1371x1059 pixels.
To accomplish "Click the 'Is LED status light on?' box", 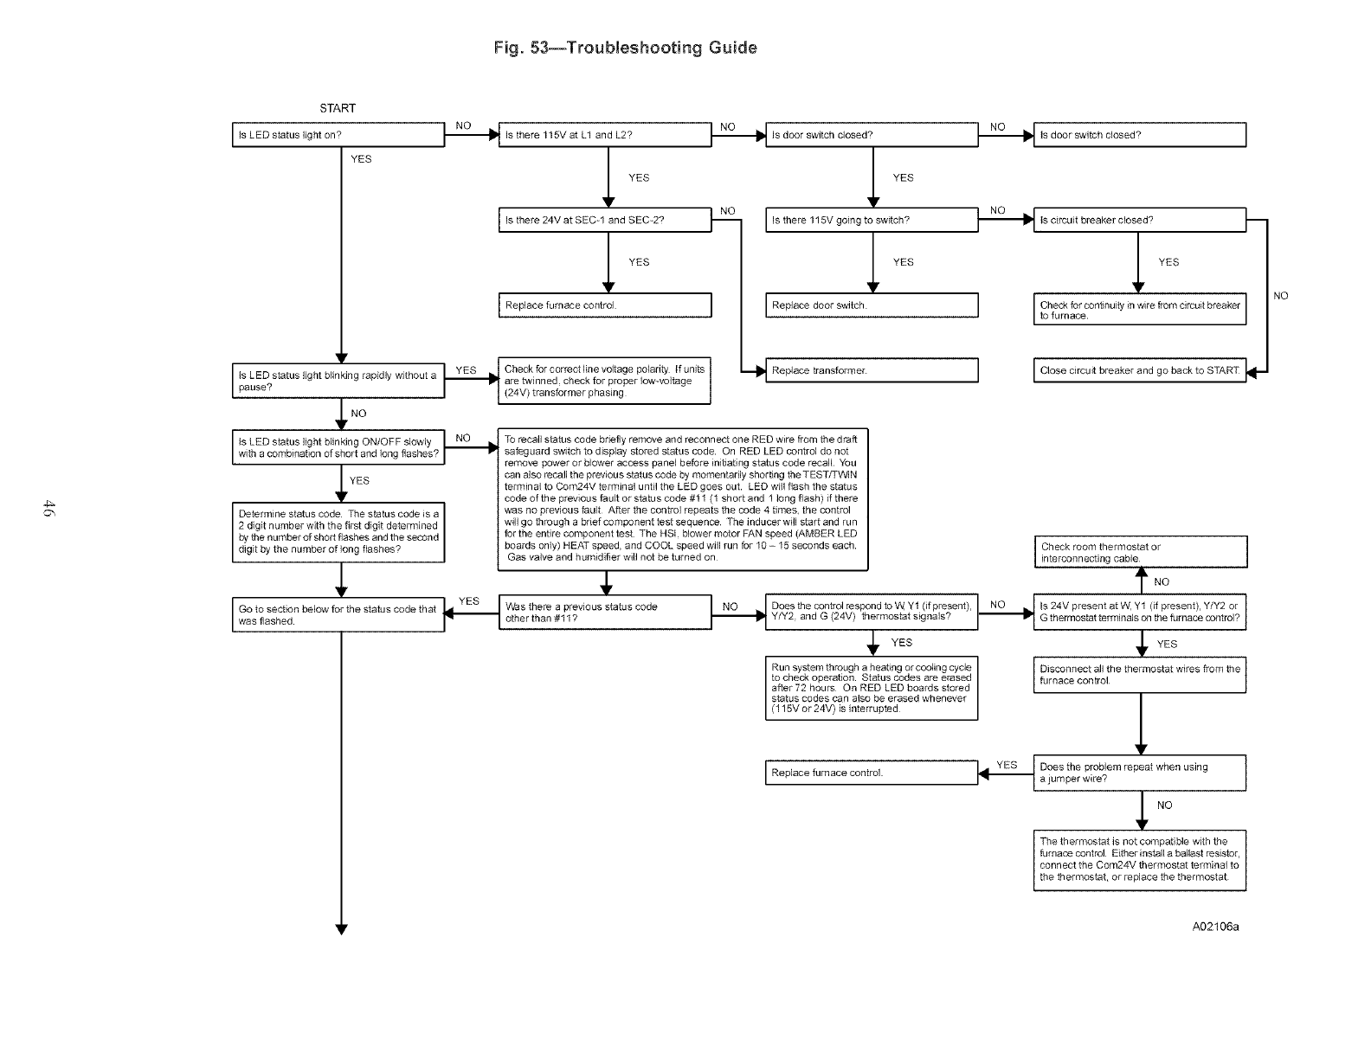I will pos(338,135).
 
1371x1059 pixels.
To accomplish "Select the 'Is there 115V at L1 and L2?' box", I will pos(604,135).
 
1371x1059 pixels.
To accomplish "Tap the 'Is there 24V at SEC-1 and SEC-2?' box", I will pos(604,220).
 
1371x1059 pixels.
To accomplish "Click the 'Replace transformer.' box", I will pos(871,370).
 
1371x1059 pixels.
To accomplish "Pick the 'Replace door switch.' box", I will pos(871,305).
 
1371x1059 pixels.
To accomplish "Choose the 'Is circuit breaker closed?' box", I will pos(1139,220).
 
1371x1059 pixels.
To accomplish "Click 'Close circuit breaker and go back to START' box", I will pos(1139,370).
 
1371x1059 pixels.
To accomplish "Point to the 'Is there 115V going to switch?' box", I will pos(871,220).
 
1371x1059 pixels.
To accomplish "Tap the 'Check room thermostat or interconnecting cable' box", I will pos(1139,552).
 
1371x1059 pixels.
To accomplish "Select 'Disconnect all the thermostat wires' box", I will pos(1139,675).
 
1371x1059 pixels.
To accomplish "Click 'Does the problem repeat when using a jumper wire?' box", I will pos(1139,773).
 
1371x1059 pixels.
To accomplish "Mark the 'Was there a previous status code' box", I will pos(604,613).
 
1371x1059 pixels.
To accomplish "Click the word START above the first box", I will pos(338,108).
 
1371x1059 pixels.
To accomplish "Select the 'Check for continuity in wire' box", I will pos(1139,311).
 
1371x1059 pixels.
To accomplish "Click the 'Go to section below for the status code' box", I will pos(338,615).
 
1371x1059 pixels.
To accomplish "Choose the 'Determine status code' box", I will pos(338,532).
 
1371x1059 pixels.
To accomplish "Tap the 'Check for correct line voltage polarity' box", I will pos(604,381).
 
